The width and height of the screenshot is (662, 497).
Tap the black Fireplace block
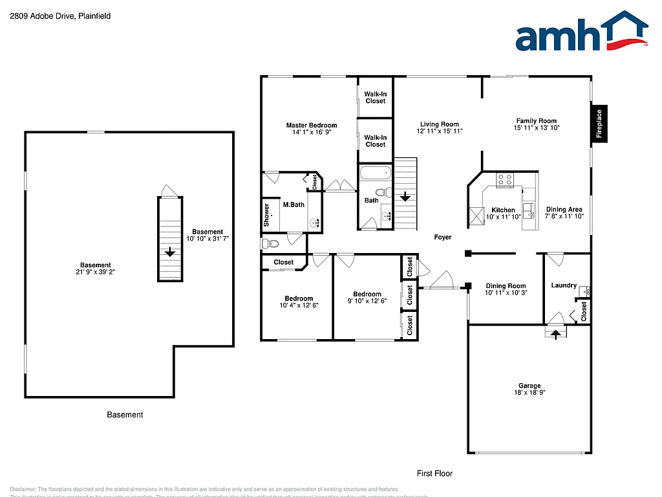(x=599, y=124)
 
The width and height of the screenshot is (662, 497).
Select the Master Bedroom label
(x=312, y=125)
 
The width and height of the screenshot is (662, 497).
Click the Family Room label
(x=536, y=120)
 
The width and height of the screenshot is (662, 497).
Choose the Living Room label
(x=439, y=124)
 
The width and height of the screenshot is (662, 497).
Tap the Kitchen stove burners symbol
(x=505, y=180)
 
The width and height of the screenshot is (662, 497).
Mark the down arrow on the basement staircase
(x=170, y=252)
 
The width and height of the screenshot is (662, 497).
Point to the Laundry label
(x=564, y=285)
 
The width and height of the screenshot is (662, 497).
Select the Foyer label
(x=443, y=237)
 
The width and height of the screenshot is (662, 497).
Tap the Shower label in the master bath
(x=266, y=215)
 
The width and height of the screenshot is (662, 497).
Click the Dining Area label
(x=564, y=209)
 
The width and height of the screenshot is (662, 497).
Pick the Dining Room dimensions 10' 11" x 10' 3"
(x=506, y=293)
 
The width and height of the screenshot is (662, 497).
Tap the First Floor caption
(x=434, y=473)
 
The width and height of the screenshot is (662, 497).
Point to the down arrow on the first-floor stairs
(x=405, y=197)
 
